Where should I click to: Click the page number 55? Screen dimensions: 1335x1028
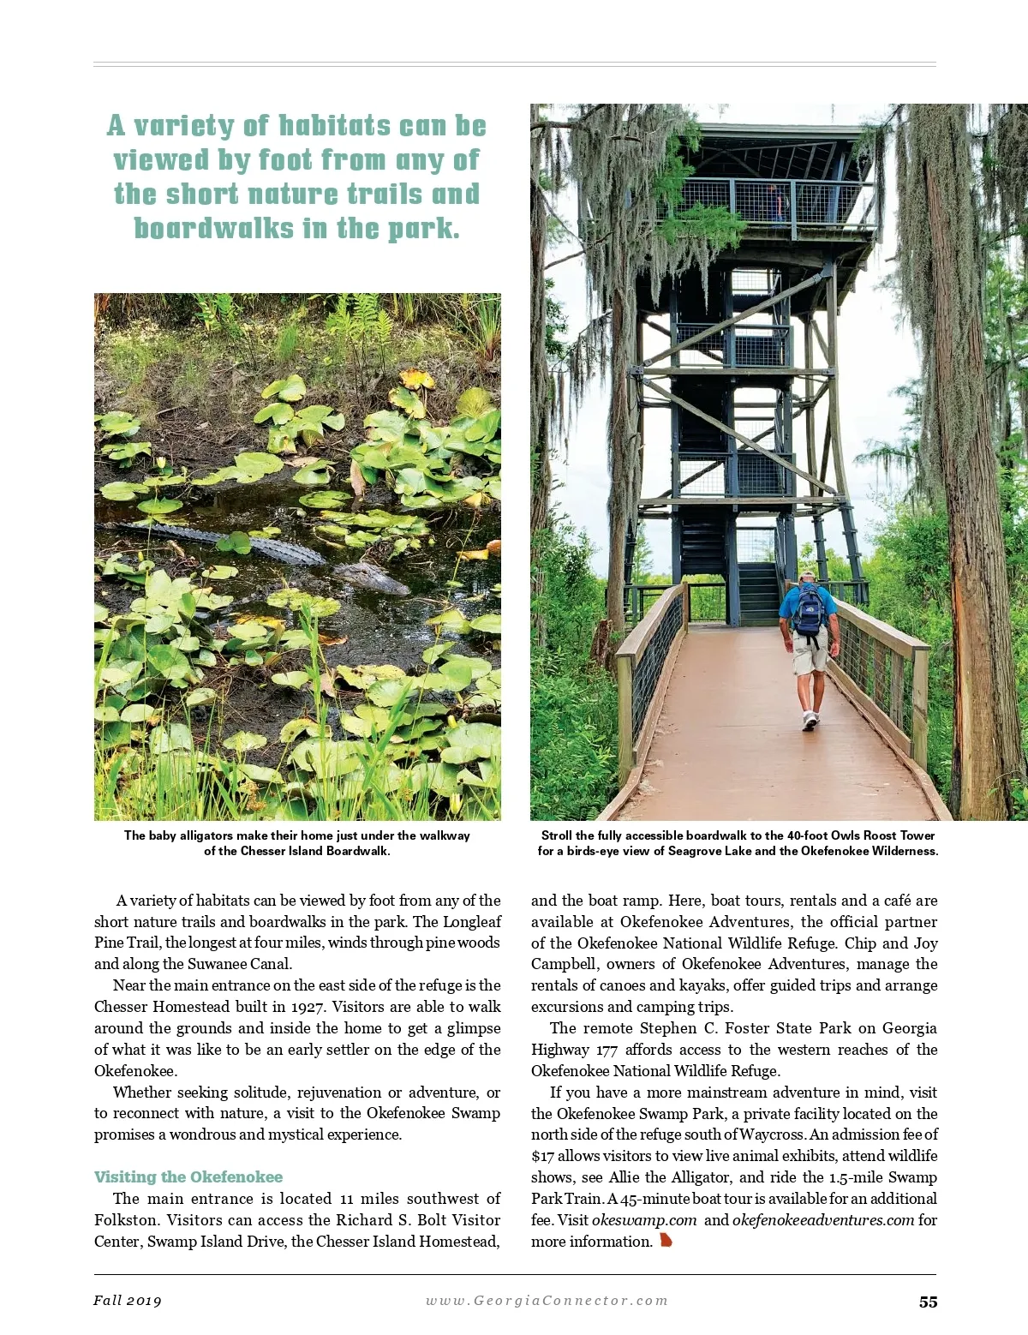tap(928, 1302)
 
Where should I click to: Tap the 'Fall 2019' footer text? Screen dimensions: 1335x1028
tap(128, 1301)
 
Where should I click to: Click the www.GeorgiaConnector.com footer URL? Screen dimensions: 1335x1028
tap(547, 1301)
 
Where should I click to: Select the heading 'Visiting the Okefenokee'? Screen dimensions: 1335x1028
tap(188, 1177)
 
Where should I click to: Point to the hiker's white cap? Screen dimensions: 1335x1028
tap(807, 576)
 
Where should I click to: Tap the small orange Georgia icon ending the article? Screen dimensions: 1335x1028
tap(666, 1241)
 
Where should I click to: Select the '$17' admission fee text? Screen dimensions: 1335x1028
tap(542, 1156)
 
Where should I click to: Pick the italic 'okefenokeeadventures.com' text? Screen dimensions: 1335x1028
tap(823, 1220)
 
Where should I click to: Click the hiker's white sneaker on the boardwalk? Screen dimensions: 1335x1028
tap(810, 721)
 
